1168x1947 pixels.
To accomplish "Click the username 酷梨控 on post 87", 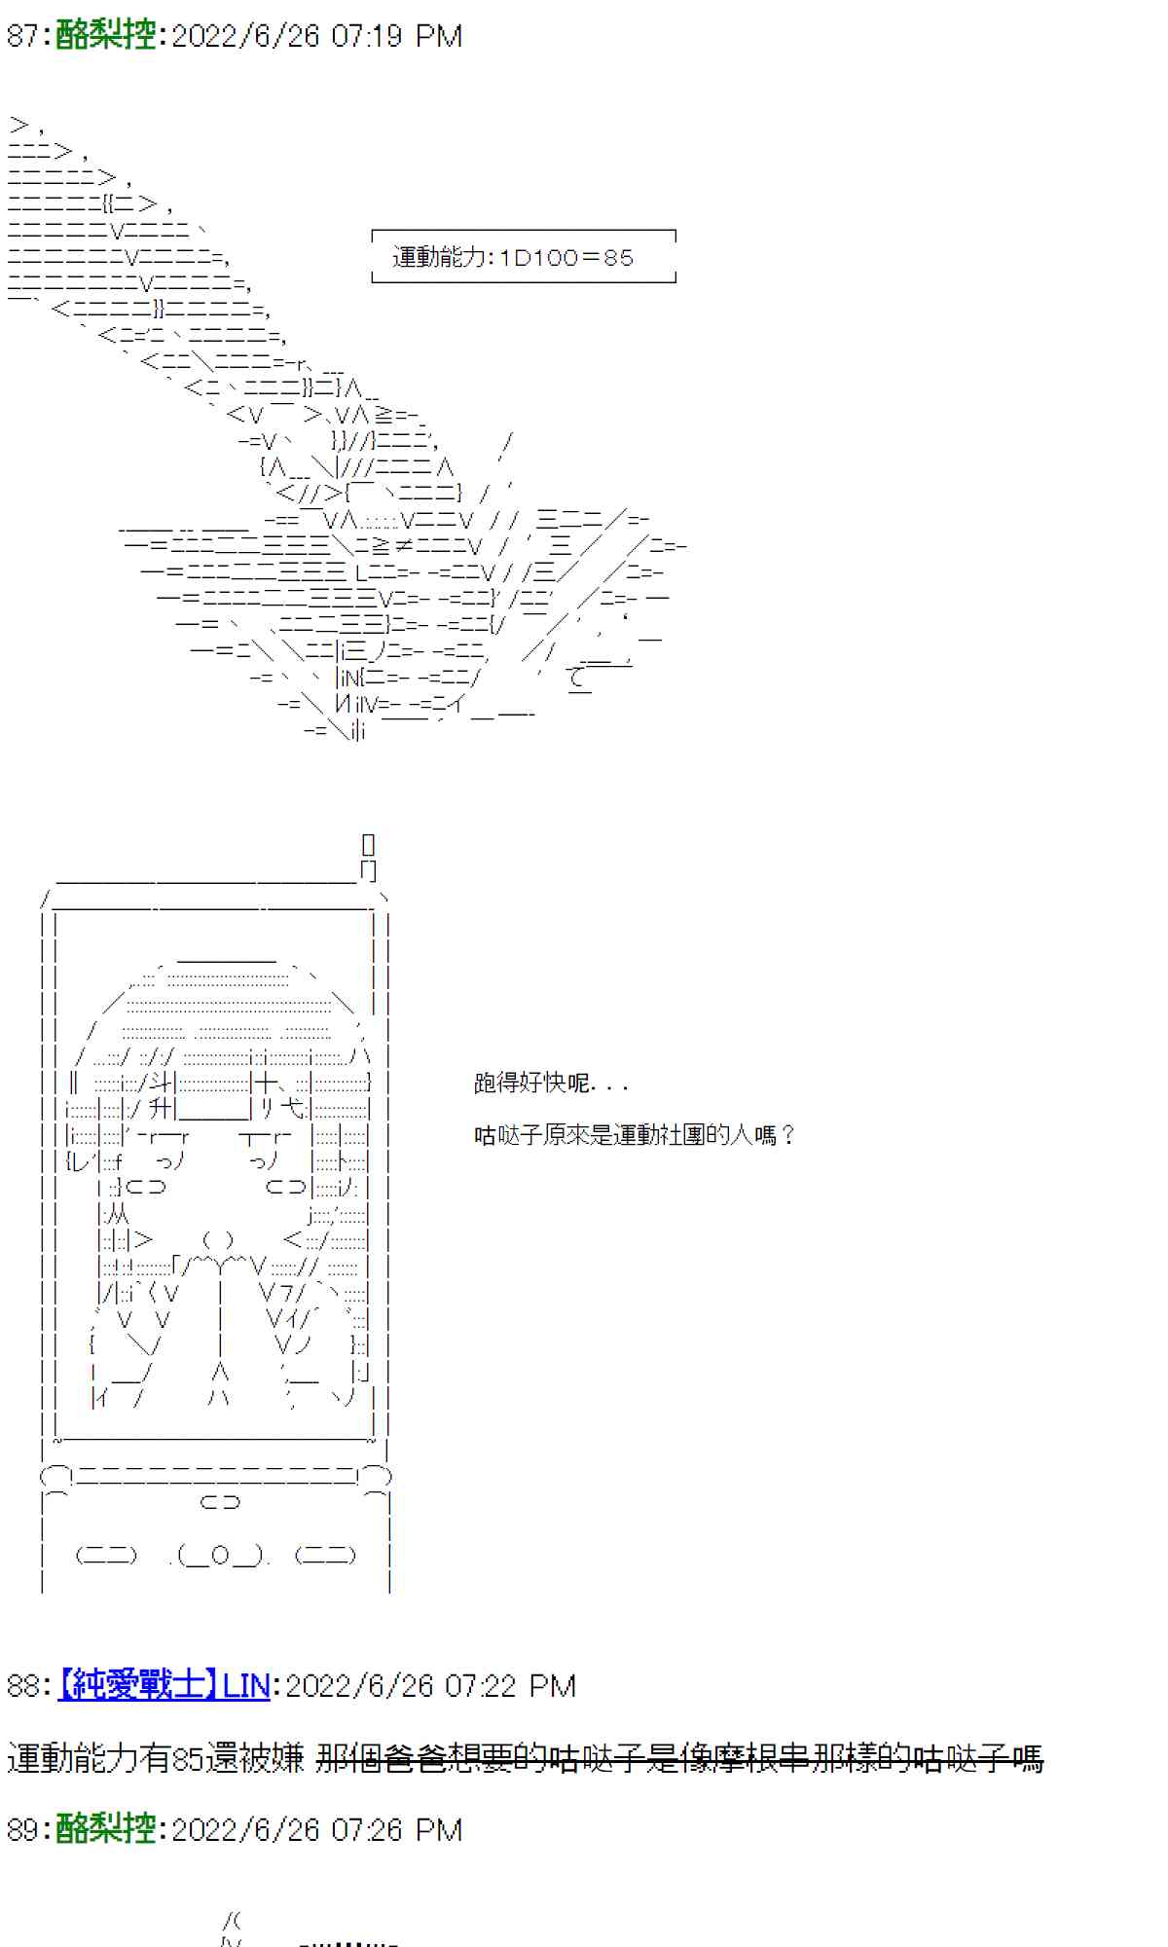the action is point(106,36).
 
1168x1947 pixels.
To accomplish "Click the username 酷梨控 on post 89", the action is point(106,1829).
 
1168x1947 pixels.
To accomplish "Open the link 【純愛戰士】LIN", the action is point(164,1685).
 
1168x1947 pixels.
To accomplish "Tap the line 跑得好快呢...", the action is point(550,1083).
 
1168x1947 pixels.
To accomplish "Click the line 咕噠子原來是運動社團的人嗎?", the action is point(634,1135).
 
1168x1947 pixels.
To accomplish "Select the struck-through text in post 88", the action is point(679,1758).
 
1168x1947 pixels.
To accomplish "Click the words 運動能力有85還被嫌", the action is point(156,1758).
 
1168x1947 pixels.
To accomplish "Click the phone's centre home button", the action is point(220,1556).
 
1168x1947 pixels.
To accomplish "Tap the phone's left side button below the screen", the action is point(106,1556).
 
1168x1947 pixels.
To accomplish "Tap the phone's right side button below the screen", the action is point(326,1556).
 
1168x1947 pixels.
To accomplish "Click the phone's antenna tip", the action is point(368,844).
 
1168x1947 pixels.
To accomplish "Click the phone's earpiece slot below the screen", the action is point(220,1502).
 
